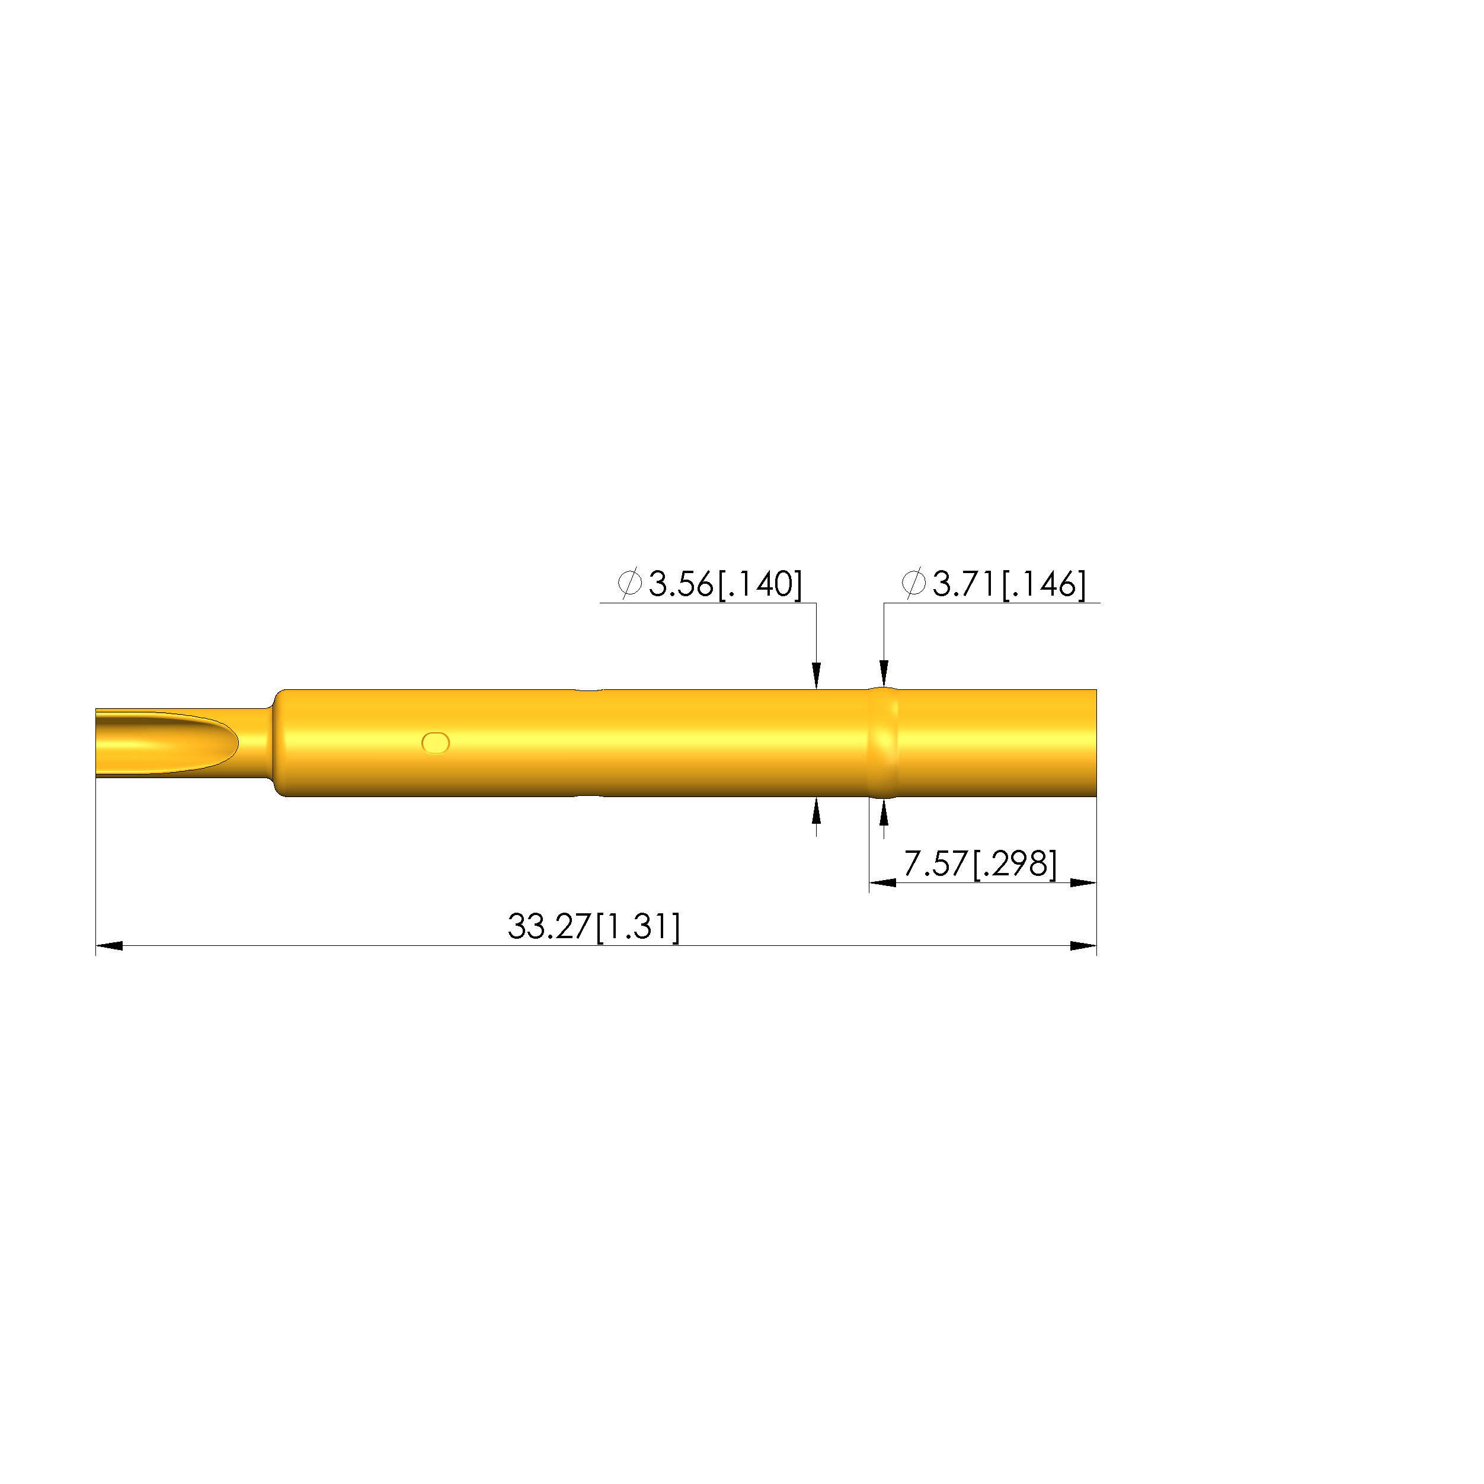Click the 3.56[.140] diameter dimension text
click(x=725, y=584)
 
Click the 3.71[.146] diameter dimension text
click(x=1009, y=584)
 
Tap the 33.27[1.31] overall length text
click(x=594, y=926)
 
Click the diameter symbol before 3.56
click(x=630, y=584)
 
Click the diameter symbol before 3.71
click(x=913, y=584)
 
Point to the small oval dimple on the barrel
click(x=436, y=743)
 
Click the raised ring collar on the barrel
click(x=883, y=743)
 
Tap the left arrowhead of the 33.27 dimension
click(x=109, y=945)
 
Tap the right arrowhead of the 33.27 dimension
click(x=1083, y=945)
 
